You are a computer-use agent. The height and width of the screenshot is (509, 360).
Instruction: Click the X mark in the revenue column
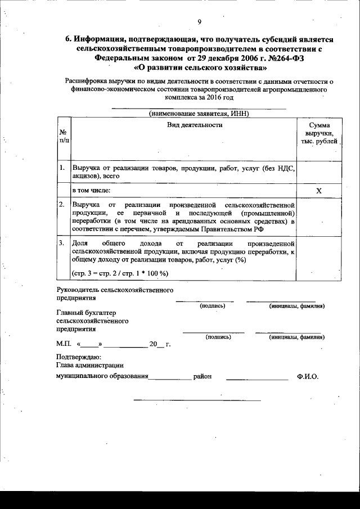pos(318,191)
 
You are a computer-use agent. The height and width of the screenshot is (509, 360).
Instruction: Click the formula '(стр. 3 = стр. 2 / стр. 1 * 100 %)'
pos(120,273)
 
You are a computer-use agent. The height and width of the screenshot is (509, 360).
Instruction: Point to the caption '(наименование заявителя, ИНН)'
pos(199,113)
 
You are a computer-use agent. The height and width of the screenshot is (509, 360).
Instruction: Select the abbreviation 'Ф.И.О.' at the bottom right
pos(307,377)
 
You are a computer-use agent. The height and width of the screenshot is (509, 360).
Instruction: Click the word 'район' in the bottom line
pos(202,377)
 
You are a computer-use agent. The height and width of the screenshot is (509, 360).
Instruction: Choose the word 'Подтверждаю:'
pos(79,357)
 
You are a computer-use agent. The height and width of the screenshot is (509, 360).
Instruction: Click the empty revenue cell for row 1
pos(318,171)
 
